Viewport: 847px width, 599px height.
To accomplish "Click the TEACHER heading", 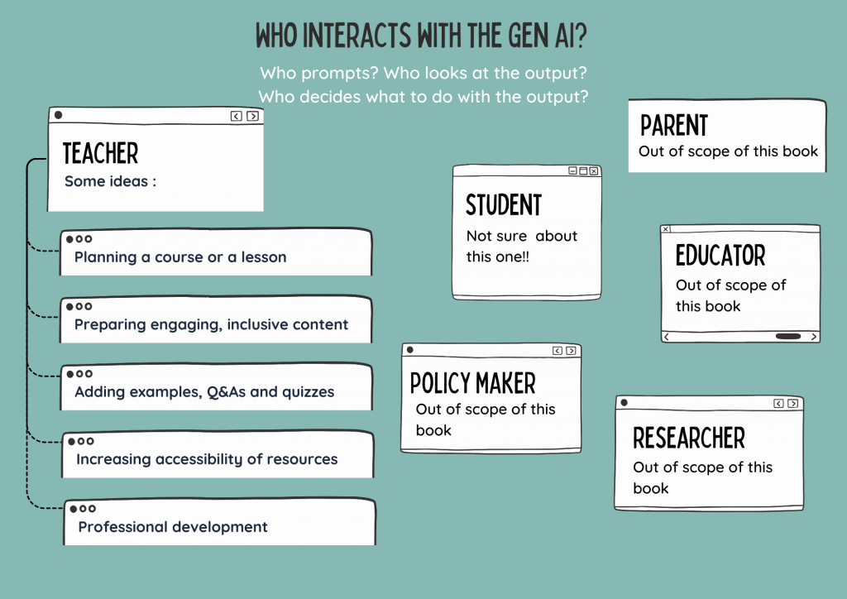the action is (x=100, y=153).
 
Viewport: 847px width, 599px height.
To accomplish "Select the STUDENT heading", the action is (x=504, y=205).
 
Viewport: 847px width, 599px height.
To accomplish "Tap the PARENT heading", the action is (x=673, y=125).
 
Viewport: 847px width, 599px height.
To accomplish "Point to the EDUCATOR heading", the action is (x=720, y=256).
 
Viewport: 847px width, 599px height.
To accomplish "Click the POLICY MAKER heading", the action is (x=472, y=384).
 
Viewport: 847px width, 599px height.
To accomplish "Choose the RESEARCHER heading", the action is (x=689, y=438).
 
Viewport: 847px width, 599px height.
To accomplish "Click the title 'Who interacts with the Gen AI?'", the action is (x=421, y=36).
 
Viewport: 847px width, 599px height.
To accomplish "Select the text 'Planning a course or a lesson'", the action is (x=180, y=257).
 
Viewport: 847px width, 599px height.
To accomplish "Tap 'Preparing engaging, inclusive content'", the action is (x=211, y=324).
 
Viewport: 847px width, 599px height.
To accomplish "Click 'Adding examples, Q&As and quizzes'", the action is (x=204, y=392).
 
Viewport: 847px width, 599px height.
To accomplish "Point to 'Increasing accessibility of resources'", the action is (x=207, y=460).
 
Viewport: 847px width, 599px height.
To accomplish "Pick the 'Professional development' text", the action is (x=173, y=527).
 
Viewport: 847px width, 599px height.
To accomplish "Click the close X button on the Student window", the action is (x=594, y=170).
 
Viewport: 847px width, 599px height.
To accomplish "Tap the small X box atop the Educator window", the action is (x=666, y=229).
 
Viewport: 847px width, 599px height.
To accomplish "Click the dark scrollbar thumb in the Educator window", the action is (x=788, y=337).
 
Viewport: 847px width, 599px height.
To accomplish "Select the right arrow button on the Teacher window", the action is (x=252, y=116).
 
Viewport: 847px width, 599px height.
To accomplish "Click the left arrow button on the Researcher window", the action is (x=778, y=404).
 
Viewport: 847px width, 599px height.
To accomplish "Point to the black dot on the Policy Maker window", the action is (x=410, y=350).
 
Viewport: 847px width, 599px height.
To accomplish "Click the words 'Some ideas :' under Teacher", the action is (x=110, y=181).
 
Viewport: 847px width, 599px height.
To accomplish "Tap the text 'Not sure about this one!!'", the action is (x=522, y=247).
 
